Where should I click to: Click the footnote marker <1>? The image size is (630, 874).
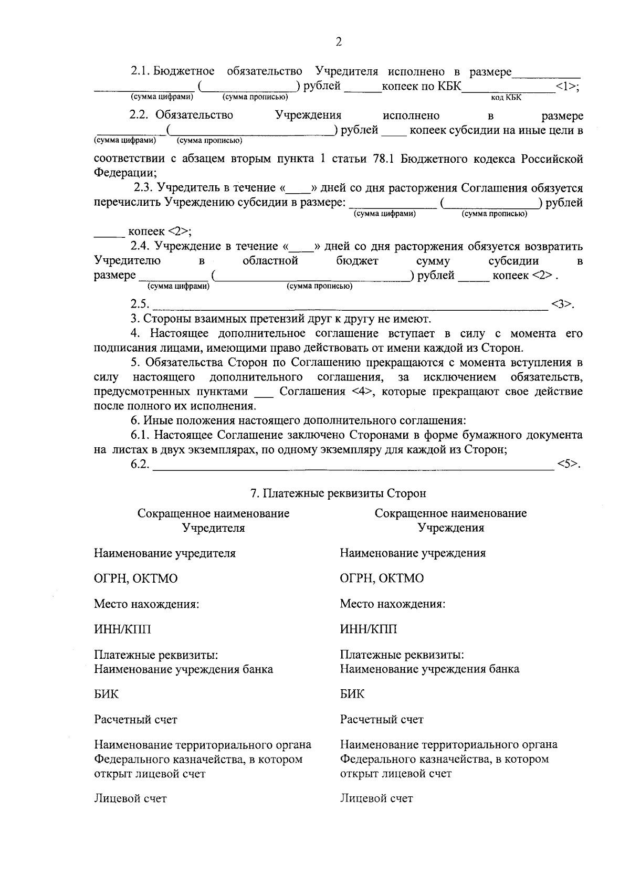click(566, 87)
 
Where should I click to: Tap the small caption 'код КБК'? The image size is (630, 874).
click(506, 98)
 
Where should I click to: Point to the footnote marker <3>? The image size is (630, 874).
click(562, 304)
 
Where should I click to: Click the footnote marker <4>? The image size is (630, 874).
click(363, 392)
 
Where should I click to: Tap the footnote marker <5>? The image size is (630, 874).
click(569, 464)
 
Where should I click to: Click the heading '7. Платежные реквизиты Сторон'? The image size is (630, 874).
click(338, 493)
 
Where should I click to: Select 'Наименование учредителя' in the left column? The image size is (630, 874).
click(164, 553)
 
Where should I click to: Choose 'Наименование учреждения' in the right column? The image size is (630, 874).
click(412, 553)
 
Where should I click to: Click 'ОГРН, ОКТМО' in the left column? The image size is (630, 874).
click(135, 578)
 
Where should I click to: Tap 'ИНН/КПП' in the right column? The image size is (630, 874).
click(368, 629)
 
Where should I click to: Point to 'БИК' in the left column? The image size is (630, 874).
click(106, 694)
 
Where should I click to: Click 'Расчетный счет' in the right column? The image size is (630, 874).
click(381, 719)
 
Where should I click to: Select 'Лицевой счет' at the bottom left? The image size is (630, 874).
click(130, 798)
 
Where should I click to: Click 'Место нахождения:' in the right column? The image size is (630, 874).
click(392, 604)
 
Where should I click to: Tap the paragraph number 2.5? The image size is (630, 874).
click(140, 304)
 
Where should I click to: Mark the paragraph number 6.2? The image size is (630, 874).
click(140, 464)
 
